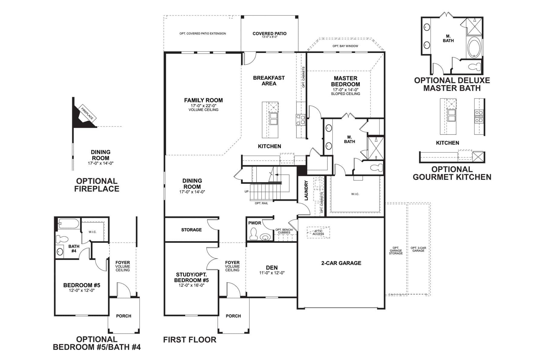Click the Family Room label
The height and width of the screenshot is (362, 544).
pyautogui.click(x=203, y=100)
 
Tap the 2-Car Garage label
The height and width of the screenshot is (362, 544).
pyautogui.click(x=341, y=263)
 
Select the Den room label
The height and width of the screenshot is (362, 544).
pyautogui.click(x=272, y=268)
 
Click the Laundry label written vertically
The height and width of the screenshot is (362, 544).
pyautogui.click(x=306, y=190)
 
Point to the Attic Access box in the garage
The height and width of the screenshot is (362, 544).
pyautogui.click(x=318, y=233)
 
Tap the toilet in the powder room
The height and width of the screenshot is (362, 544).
pyautogui.click(x=254, y=234)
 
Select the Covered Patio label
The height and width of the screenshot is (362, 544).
pyautogui.click(x=270, y=33)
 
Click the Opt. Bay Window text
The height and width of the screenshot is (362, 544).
pyautogui.click(x=345, y=46)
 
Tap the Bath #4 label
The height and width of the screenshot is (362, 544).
pyautogui.click(x=74, y=249)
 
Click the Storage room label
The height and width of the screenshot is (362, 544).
pyautogui.click(x=191, y=230)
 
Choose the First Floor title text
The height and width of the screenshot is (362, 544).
pyautogui.click(x=190, y=340)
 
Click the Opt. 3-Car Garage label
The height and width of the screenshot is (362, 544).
pyautogui.click(x=418, y=249)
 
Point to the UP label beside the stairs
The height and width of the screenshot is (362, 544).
pyautogui.click(x=247, y=192)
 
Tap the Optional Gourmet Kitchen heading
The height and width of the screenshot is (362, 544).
pyautogui.click(x=452, y=173)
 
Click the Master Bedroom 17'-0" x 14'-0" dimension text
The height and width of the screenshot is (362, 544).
pyautogui.click(x=345, y=90)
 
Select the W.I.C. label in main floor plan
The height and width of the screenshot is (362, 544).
pyautogui.click(x=355, y=194)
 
